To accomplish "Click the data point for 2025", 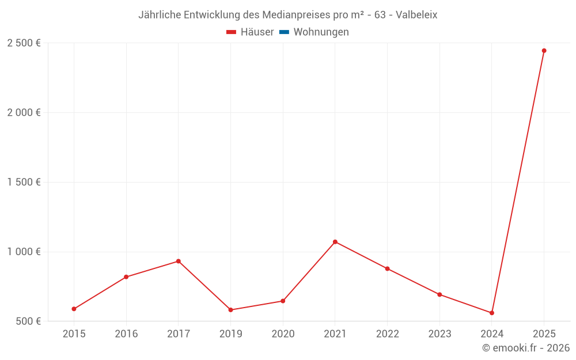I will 544,51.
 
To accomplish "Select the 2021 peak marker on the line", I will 335,242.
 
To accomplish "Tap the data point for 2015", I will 74,309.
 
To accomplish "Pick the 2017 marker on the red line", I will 179,261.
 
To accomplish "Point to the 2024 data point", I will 492,313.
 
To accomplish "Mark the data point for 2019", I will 230,310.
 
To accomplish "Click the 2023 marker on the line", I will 439,294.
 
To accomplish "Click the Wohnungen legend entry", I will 321,32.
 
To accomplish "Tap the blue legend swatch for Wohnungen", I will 283,32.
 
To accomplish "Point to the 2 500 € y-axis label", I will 24,43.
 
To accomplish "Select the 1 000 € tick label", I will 24,252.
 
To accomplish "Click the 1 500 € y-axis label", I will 24,182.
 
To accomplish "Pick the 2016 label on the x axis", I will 126,334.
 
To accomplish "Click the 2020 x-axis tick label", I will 283,334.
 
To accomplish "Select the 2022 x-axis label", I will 387,334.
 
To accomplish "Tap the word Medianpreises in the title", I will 299,15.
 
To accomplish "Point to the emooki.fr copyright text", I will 526,348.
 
